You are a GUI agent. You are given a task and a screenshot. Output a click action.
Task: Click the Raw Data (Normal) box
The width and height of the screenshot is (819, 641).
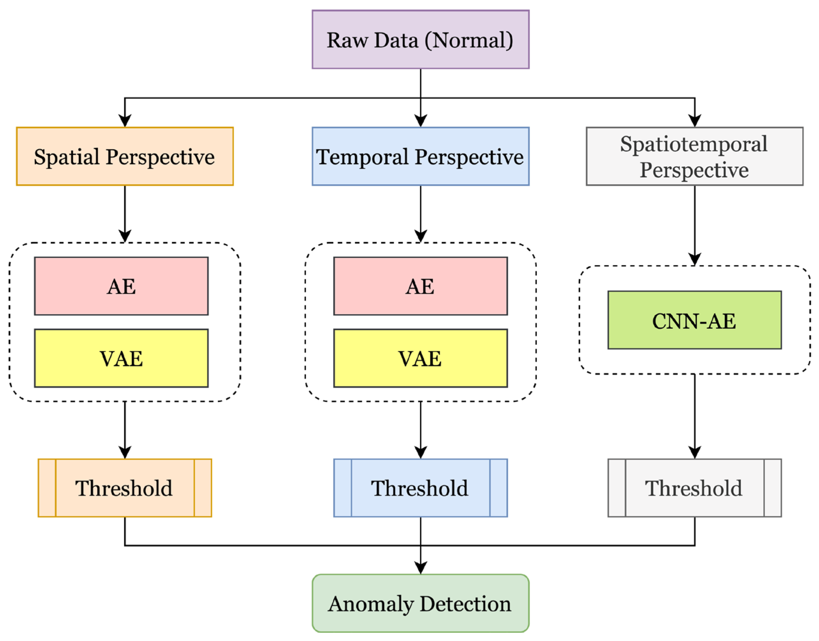tap(420, 40)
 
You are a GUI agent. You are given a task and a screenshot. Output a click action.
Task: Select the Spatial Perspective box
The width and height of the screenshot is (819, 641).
tap(125, 156)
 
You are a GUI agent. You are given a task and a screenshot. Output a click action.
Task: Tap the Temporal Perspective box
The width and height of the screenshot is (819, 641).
tap(420, 156)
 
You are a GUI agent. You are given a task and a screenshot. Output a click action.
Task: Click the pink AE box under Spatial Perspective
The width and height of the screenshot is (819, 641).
tap(121, 286)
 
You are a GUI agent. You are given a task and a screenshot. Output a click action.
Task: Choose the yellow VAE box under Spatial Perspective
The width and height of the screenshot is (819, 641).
tap(121, 358)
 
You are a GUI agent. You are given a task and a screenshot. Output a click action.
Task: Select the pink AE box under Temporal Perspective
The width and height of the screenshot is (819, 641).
tap(420, 286)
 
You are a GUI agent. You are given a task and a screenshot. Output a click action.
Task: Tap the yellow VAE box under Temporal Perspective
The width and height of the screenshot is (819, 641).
tap(420, 358)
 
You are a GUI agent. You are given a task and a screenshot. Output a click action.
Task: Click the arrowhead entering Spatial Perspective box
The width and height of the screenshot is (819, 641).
tap(125, 121)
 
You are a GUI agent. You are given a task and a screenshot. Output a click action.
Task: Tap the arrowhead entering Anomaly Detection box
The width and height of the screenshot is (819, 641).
tap(420, 567)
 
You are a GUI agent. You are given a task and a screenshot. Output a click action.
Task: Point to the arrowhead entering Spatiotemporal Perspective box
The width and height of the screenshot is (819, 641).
tap(694, 121)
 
